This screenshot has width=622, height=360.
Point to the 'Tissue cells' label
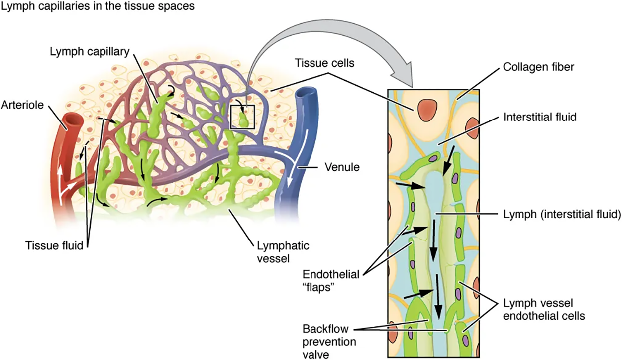coord(318,64)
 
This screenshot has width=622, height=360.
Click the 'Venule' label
coord(342,168)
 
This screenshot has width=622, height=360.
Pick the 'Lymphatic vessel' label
coord(282,251)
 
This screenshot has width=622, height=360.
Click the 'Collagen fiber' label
coord(538,67)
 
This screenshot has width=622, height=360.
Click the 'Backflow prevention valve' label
coord(329,341)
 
